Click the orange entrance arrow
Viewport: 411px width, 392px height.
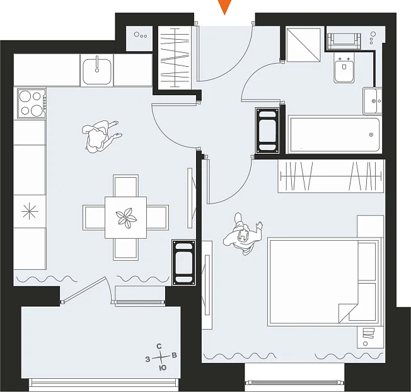click(224, 6)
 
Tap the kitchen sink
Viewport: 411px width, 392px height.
click(97, 71)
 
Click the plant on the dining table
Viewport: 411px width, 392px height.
click(126, 218)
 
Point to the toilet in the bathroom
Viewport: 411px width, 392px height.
click(344, 69)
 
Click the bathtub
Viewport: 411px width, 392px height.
click(333, 135)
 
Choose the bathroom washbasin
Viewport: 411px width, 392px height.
click(372, 101)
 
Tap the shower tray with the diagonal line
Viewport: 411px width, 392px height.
click(303, 45)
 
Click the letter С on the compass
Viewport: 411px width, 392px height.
click(159, 347)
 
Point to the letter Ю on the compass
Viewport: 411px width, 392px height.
click(163, 368)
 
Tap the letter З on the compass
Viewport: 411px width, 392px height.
click(148, 359)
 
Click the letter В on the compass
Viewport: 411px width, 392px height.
click(175, 355)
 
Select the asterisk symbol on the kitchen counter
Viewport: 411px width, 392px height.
click(30, 211)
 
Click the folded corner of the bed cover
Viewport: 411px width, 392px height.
click(348, 313)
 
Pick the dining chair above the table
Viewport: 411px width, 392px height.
click(126, 185)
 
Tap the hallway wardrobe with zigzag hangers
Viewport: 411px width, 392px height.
click(175, 58)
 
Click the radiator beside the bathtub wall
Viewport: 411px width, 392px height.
click(267, 130)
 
